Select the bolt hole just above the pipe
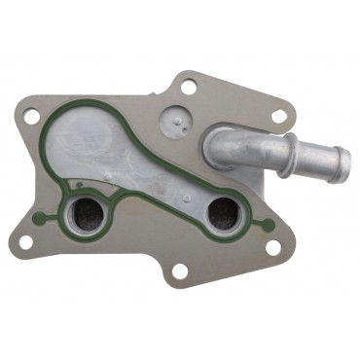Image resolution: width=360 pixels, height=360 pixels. pos(278,118)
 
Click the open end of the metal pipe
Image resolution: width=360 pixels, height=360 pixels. pos(337,154)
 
